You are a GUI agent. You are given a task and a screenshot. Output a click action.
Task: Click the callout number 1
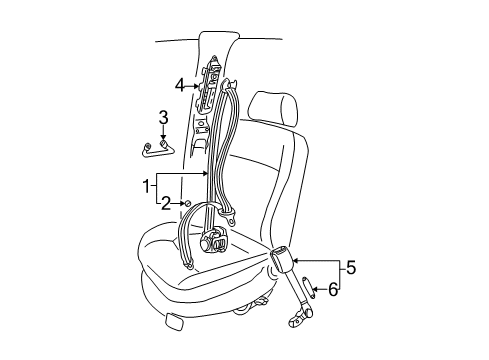click(146, 186)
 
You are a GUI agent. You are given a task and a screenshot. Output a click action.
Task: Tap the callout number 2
click(166, 203)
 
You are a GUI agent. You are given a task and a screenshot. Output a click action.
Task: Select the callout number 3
click(163, 117)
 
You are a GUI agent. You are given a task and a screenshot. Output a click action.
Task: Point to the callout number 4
click(180, 85)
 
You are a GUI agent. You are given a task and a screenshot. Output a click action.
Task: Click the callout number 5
click(351, 268)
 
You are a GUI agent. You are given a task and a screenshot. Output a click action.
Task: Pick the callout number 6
click(333, 289)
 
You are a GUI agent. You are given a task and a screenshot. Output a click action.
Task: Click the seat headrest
click(275, 109)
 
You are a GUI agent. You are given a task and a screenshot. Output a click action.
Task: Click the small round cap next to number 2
click(187, 203)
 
